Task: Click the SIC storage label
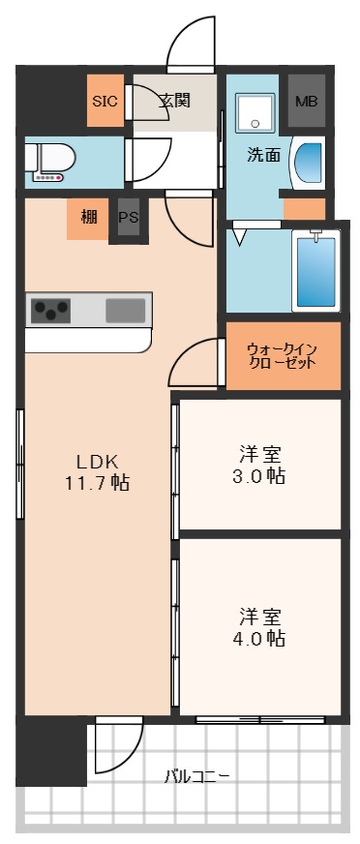105,101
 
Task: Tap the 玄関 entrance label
175,100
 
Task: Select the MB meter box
306,101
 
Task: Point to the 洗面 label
263,155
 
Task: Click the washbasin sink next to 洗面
310,162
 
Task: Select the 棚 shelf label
88,217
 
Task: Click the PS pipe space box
128,218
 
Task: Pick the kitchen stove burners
51,311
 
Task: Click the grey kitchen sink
125,311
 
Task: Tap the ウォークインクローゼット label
281,356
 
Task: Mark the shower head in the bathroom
315,235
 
